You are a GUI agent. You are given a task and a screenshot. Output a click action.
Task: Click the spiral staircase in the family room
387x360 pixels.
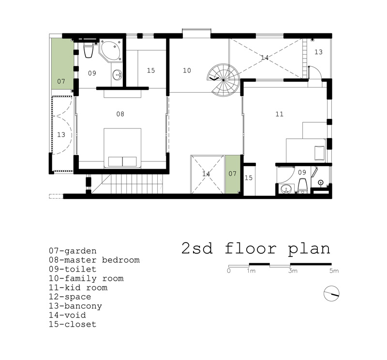coord(223,80)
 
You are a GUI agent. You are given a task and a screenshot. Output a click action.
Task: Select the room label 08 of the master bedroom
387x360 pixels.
coord(120,114)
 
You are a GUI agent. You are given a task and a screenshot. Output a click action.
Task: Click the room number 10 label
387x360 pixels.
coord(187,71)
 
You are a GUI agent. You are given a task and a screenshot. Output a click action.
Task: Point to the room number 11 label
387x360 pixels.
coord(280,114)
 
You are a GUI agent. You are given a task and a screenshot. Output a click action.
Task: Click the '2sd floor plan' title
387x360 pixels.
coord(256,248)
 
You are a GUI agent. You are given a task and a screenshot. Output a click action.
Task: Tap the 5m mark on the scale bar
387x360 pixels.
coord(334,271)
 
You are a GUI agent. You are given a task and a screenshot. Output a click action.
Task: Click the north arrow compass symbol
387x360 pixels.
coord(331,293)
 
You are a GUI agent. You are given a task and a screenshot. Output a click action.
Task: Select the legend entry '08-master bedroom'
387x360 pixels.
coord(94,260)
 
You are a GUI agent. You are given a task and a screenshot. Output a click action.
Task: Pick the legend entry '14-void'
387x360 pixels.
coord(67,315)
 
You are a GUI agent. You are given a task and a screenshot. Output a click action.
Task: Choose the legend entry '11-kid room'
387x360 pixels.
coord(78,288)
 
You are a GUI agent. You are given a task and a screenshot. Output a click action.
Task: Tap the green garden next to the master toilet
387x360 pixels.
coord(62,64)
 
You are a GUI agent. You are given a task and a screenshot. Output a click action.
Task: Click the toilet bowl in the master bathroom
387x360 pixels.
coord(88,50)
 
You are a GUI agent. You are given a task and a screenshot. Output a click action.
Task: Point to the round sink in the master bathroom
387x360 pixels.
coord(117,74)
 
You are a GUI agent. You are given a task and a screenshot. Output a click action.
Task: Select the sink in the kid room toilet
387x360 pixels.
coord(286,189)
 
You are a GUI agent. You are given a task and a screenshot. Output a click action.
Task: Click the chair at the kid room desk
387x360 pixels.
coord(319,153)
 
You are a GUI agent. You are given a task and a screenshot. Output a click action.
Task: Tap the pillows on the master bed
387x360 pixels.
coord(122,162)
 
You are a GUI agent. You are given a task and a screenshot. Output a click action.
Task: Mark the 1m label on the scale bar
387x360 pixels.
coord(251,271)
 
